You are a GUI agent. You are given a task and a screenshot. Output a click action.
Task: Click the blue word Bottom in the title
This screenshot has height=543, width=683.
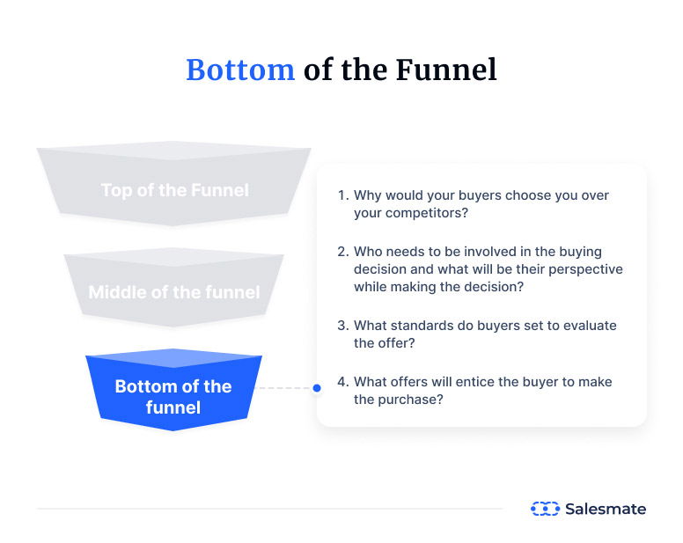tap(239, 70)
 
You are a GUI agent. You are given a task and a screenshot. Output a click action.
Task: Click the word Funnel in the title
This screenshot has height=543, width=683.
tap(449, 70)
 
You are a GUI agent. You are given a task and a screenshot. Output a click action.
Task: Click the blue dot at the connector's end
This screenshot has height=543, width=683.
tap(316, 387)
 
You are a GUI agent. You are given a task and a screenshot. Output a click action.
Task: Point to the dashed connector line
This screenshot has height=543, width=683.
tap(284, 387)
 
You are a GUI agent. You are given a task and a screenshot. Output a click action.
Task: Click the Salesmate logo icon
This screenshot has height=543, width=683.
tap(545, 509)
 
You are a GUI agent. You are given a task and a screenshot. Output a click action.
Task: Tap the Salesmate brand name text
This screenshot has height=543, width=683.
tap(605, 509)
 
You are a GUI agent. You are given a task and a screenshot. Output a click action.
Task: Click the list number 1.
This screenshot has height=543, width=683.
tap(341, 195)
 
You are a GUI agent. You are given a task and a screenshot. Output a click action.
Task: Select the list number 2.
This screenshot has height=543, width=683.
tap(341, 252)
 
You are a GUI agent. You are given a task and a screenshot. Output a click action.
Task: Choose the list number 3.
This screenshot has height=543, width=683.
tap(341, 326)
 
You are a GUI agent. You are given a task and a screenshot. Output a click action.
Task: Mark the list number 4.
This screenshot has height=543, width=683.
tap(341, 382)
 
